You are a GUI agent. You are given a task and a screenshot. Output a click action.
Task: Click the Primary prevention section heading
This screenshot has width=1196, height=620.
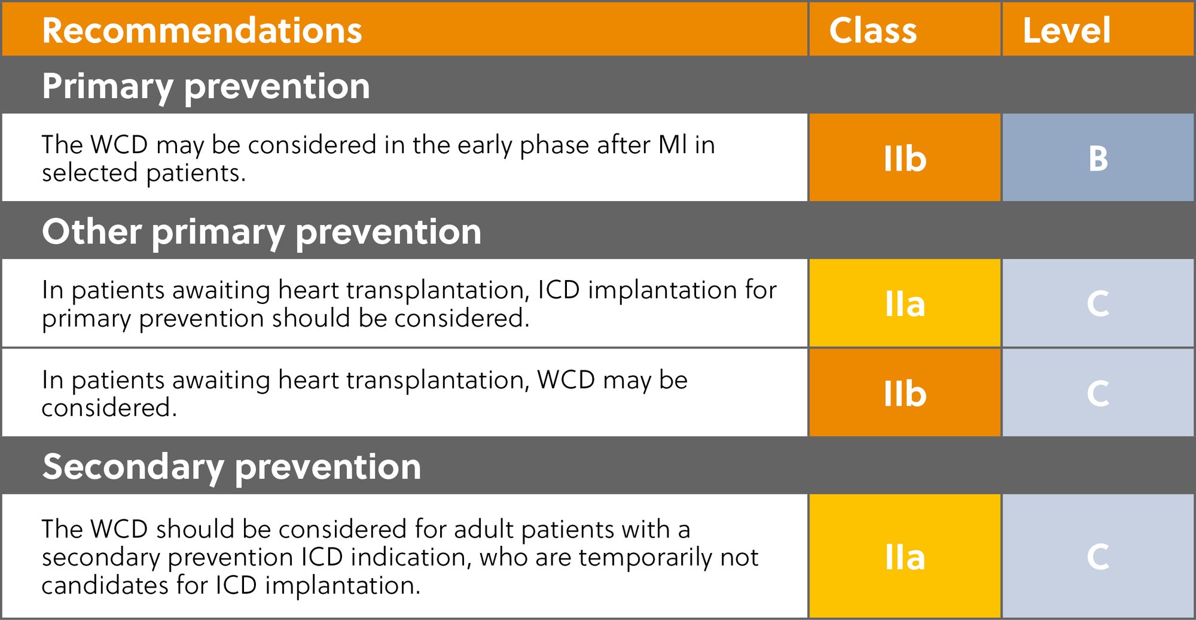[x=206, y=86]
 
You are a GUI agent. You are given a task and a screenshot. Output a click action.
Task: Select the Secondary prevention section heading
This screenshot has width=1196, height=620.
[x=231, y=466]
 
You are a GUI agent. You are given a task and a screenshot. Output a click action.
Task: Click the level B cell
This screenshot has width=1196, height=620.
[x=1098, y=159]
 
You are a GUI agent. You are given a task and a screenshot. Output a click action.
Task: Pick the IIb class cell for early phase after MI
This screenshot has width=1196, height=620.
[x=905, y=159]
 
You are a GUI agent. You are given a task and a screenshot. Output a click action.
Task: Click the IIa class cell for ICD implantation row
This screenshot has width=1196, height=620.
[x=905, y=304]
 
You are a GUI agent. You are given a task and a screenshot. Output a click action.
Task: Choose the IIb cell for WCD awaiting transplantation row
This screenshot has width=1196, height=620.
[x=905, y=393]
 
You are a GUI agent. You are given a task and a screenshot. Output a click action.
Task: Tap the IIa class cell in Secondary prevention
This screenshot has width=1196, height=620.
[x=905, y=557]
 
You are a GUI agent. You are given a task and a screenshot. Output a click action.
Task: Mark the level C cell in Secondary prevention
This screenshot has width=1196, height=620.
[x=1098, y=557]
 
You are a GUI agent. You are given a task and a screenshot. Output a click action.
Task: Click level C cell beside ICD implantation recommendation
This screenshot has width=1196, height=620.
[x=1098, y=304]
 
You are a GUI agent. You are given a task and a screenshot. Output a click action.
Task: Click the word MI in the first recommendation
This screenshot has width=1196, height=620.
[x=672, y=145]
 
